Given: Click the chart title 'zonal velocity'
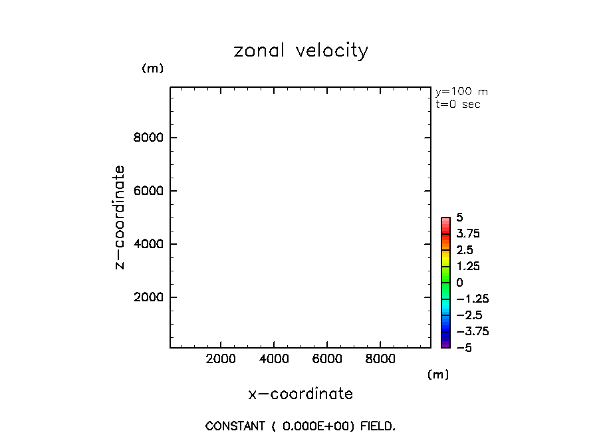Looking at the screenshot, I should [300, 51].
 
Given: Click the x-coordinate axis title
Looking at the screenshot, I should [300, 394].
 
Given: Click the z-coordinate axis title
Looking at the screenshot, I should [120, 217].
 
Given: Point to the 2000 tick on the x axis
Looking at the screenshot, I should [220, 359].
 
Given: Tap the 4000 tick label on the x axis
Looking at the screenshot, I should [273, 359].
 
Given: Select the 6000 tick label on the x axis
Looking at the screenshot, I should [326, 359].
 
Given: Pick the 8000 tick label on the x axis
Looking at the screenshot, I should [380, 359].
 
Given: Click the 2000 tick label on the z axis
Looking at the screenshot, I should [148, 297].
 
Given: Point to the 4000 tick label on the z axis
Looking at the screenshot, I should [148, 244].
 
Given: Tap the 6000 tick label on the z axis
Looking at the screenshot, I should [148, 191].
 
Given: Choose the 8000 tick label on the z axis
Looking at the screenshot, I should [148, 138].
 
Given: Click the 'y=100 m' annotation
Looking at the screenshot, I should [461, 92].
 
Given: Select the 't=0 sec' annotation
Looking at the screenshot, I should [458, 104].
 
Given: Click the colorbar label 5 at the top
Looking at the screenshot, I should [459, 217].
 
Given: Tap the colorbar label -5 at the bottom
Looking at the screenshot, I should [463, 347].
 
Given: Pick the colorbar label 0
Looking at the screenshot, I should [459, 283].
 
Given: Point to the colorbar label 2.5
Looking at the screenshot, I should [464, 250].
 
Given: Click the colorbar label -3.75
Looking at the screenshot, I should [467, 331].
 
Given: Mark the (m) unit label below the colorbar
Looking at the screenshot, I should [438, 374].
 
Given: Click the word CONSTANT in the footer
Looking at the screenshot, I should [235, 426].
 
